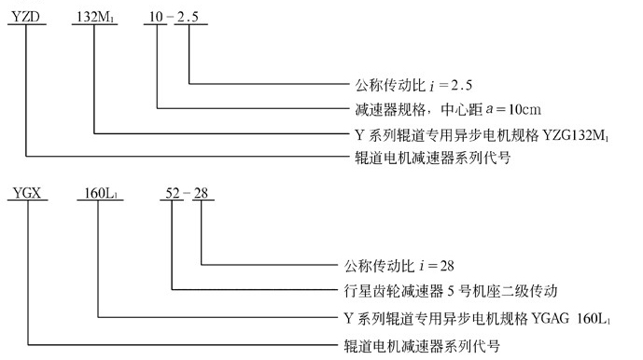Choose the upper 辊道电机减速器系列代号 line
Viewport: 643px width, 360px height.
click(x=419, y=159)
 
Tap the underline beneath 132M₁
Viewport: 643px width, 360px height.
click(x=93, y=28)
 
